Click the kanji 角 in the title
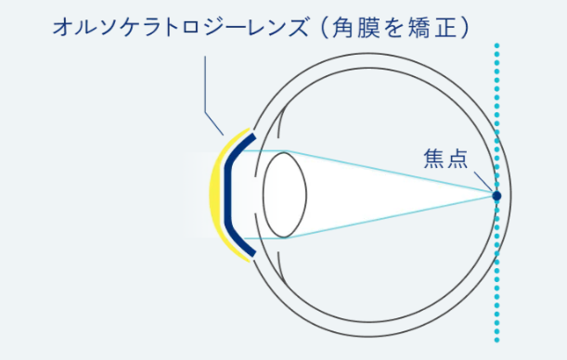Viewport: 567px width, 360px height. [x=342, y=28]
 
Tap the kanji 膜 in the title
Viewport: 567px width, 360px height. [x=368, y=28]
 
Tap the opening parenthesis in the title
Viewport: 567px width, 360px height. [x=324, y=28]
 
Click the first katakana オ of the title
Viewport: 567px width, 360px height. [x=61, y=28]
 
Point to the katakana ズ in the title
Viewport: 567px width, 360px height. [x=300, y=28]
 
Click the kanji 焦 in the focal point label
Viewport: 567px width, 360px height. [x=433, y=159]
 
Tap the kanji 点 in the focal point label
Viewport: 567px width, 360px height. [x=457, y=159]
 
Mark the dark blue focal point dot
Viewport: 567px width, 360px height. [x=496, y=196]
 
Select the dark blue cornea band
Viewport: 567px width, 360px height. [x=227, y=195]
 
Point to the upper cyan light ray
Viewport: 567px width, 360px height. [x=391, y=171]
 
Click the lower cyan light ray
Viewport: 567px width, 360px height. [x=391, y=217]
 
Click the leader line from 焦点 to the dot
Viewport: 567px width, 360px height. [x=483, y=181]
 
